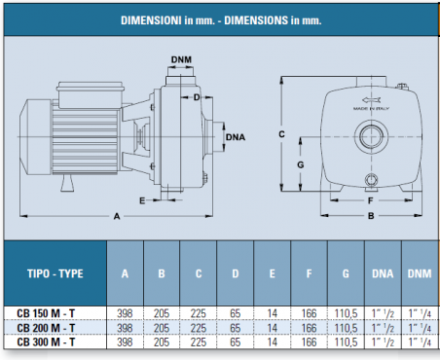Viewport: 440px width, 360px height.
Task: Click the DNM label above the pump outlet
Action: (x=181, y=59)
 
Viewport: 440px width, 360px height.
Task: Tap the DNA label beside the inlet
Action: (x=236, y=137)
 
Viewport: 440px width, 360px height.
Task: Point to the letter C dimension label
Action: (x=281, y=134)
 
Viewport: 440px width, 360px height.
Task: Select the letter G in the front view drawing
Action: (x=301, y=164)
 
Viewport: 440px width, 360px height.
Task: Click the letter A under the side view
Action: (x=117, y=216)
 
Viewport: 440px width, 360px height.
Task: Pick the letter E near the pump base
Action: (x=142, y=200)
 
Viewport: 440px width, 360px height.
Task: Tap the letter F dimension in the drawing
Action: (x=371, y=200)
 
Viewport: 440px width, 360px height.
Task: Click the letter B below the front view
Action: (x=371, y=216)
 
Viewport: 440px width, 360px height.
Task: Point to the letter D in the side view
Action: (x=197, y=97)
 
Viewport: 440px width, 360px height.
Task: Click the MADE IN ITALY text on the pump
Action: (x=371, y=108)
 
